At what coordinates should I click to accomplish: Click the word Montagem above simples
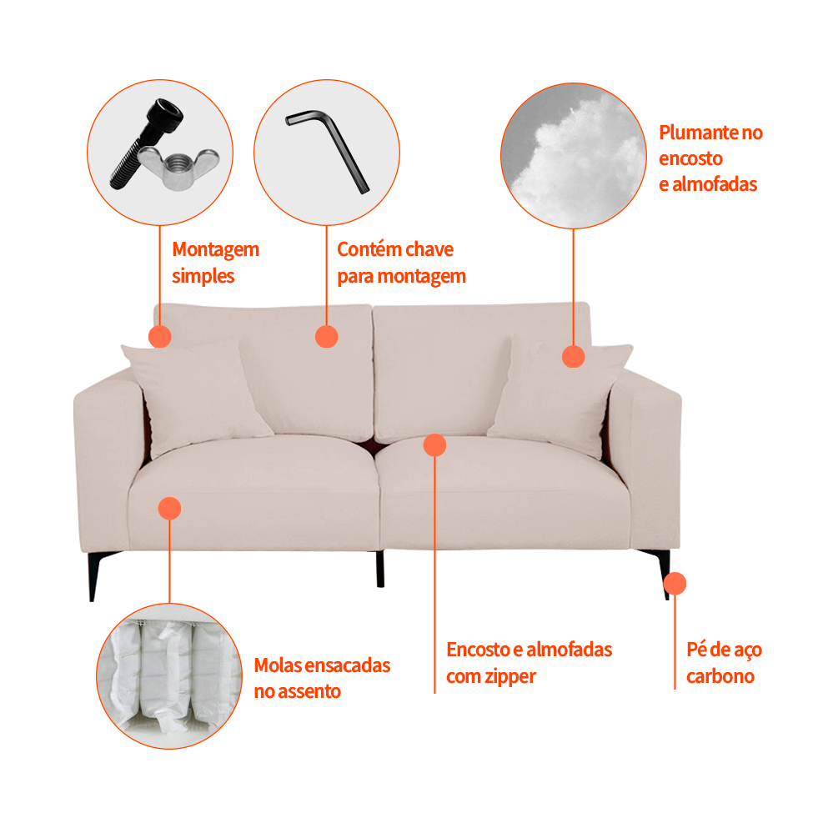[216, 250]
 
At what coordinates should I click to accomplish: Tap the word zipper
[510, 677]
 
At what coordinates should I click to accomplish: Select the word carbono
[720, 676]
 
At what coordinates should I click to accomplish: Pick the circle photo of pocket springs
[169, 676]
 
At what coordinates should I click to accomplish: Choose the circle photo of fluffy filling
[574, 156]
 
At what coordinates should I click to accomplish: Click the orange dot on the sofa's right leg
[675, 584]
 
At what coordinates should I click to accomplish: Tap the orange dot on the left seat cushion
[169, 509]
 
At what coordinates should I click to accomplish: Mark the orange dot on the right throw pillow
[574, 356]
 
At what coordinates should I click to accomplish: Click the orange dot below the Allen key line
[327, 337]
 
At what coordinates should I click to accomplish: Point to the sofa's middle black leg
[380, 569]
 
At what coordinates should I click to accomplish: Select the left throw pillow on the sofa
[196, 396]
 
